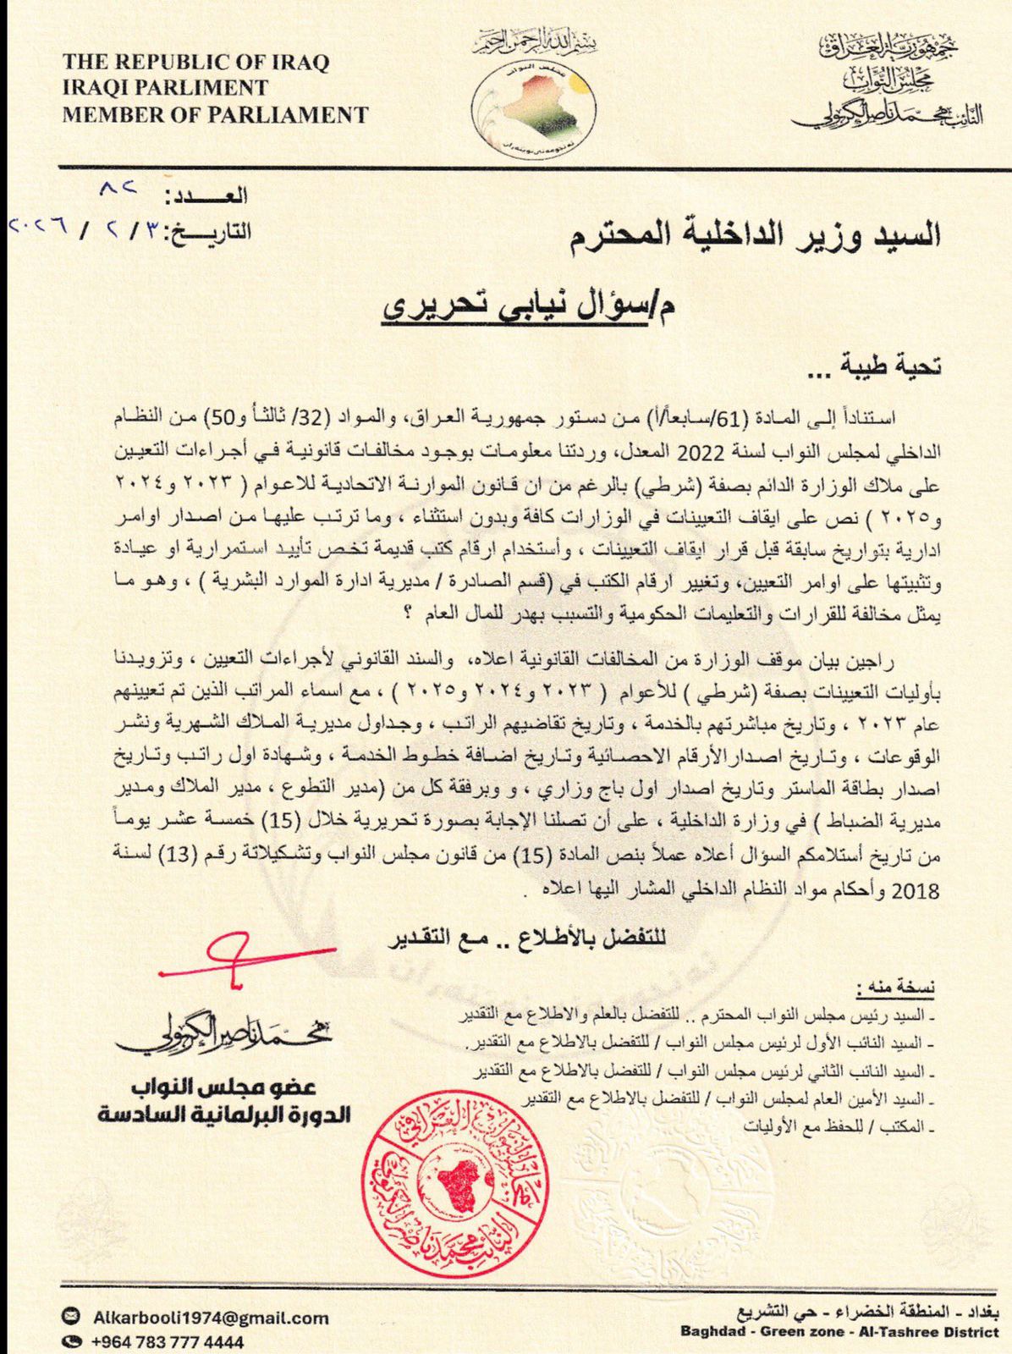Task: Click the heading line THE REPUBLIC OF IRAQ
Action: click(x=195, y=62)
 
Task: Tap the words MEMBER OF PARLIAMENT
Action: click(x=215, y=114)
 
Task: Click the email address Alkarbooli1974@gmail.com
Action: click(x=211, y=1318)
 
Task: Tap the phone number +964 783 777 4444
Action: click(x=168, y=1342)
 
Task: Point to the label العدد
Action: click(x=207, y=197)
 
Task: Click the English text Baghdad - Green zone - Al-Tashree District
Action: click(x=839, y=1332)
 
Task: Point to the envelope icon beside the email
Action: click(x=73, y=1317)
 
